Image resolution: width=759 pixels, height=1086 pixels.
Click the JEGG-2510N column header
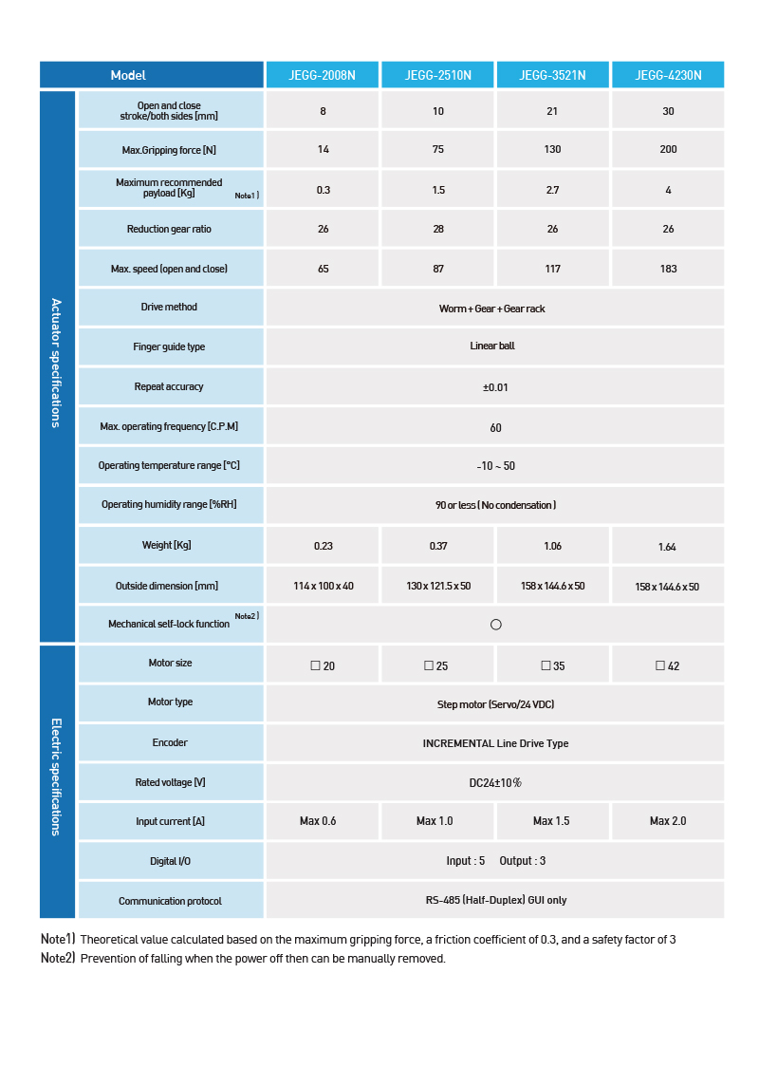(437, 75)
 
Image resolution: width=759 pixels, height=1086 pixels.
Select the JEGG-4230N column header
(668, 75)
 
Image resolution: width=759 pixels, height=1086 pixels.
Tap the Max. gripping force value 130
(553, 150)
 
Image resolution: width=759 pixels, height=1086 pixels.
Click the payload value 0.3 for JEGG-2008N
(324, 190)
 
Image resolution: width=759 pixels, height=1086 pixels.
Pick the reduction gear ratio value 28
(438, 229)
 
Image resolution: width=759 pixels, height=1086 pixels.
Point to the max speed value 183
(668, 269)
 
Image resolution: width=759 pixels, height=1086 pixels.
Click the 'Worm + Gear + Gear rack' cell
(491, 309)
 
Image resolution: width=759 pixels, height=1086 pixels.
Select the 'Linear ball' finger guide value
(492, 346)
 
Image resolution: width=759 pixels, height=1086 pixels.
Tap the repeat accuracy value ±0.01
(495, 387)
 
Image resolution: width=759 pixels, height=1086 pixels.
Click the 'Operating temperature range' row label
(169, 466)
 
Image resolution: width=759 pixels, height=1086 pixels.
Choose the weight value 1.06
(552, 546)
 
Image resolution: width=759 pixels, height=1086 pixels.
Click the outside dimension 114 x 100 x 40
(324, 587)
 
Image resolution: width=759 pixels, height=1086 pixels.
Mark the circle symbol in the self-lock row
(495, 625)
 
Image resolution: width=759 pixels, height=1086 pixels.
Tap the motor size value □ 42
(667, 665)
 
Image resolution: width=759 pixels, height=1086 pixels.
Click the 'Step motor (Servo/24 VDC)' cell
(495, 704)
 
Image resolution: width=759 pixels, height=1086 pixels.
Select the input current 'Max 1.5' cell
(551, 821)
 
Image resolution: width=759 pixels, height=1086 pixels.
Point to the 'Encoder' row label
(170, 742)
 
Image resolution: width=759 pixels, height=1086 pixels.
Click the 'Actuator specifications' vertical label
(56, 363)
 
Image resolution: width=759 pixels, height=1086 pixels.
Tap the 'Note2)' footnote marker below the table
(57, 958)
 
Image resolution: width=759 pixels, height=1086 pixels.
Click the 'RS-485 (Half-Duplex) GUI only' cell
(495, 900)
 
